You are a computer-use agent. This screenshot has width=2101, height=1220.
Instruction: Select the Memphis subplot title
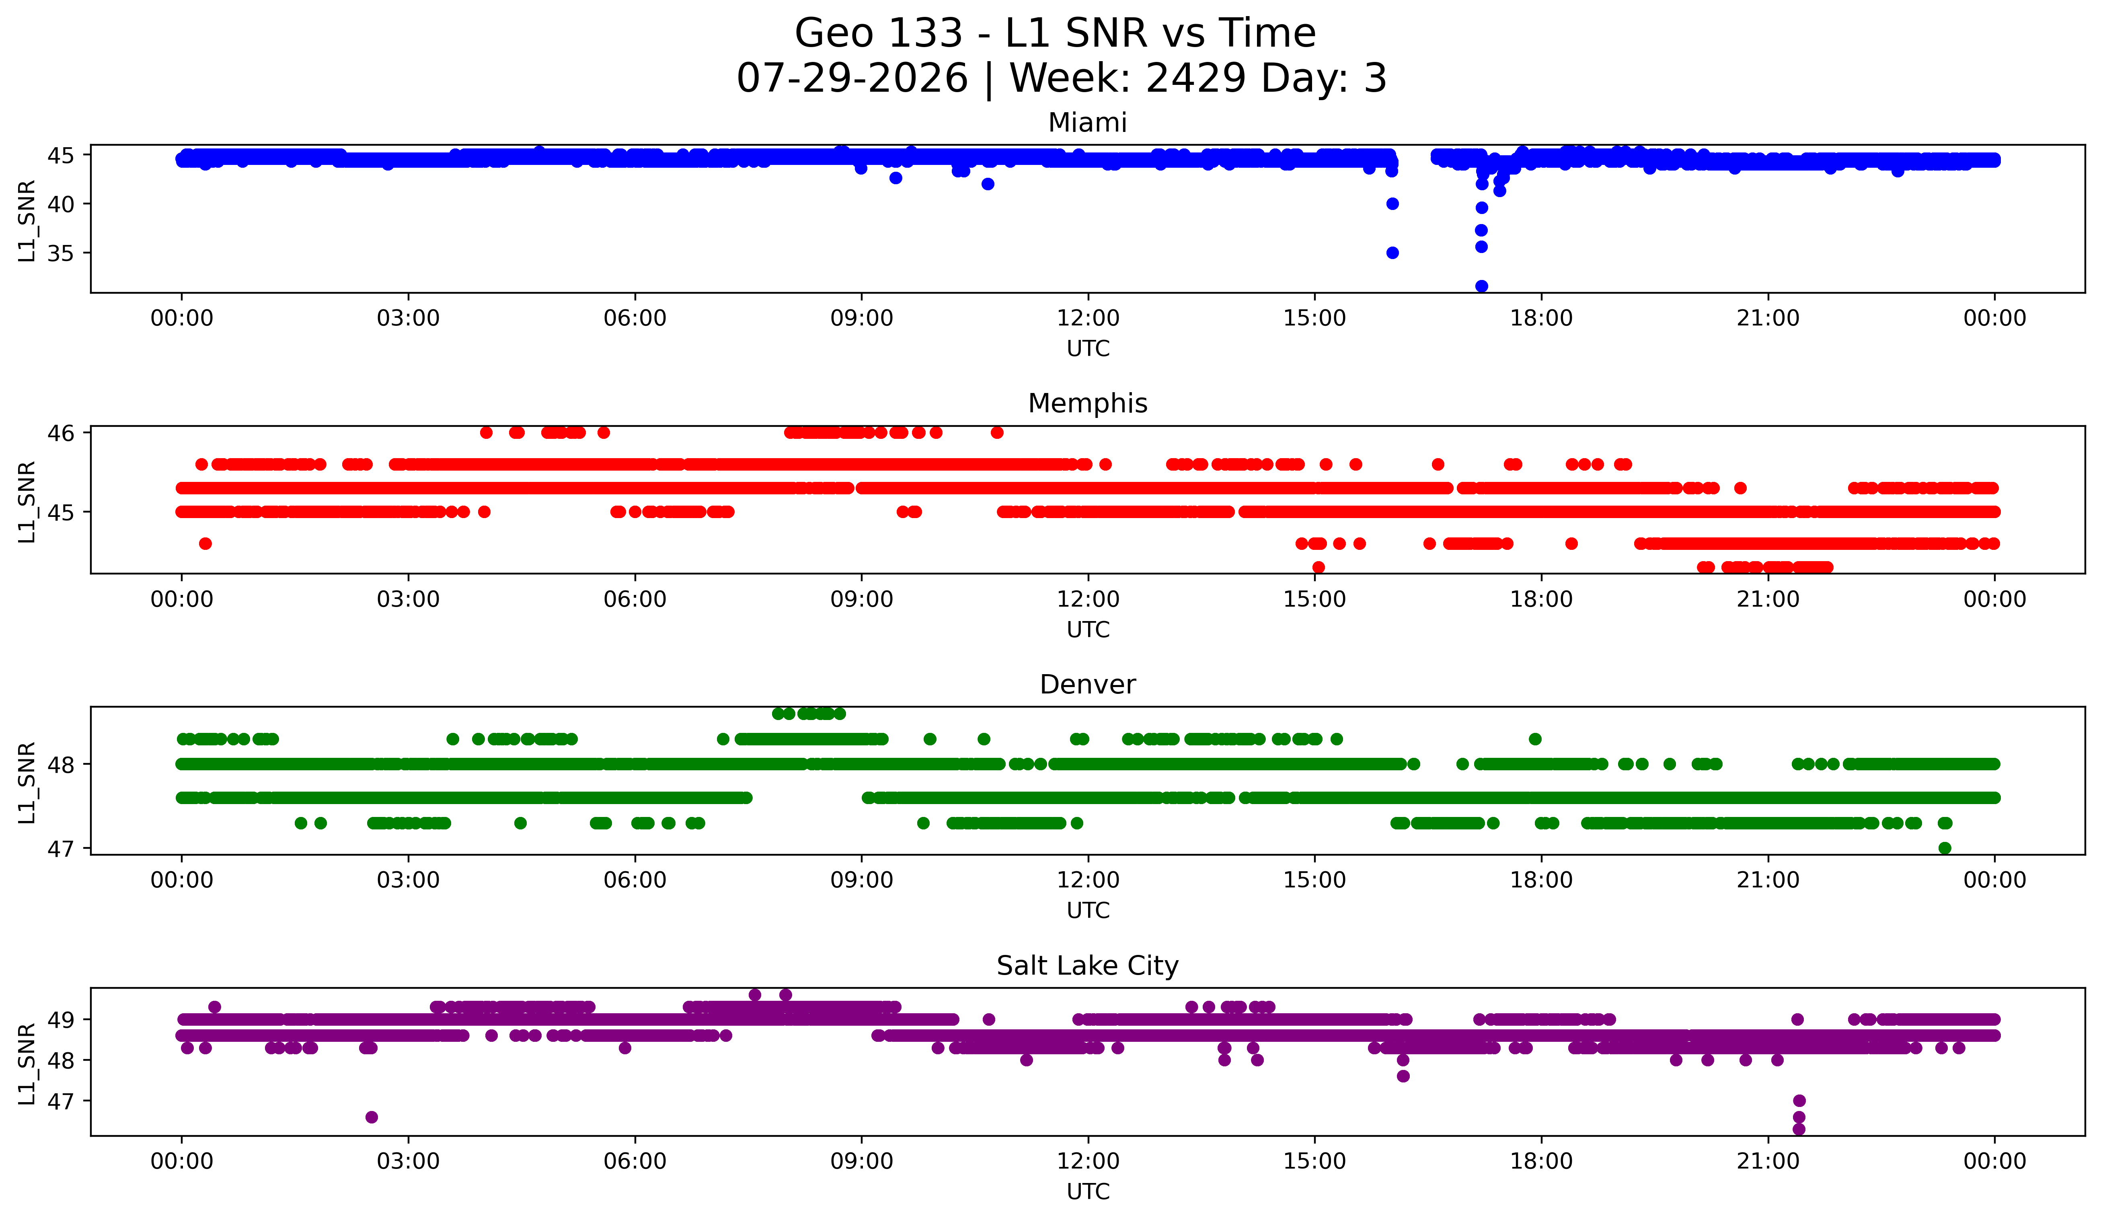[1087, 403]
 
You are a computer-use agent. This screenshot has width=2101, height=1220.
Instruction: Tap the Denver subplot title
[1087, 685]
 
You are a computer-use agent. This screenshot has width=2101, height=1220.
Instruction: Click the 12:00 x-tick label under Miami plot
[1088, 319]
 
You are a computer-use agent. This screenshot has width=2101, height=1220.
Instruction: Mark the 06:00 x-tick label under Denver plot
[635, 881]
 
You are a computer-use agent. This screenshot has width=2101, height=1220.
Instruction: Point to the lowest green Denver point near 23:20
[1945, 848]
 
